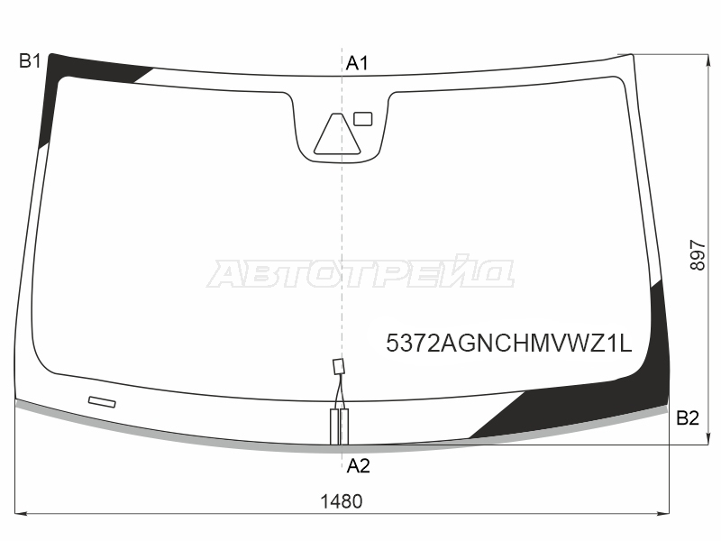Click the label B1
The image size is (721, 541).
(31, 60)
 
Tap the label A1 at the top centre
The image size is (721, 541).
(357, 63)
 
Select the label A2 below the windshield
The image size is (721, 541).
(358, 466)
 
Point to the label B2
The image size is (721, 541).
(688, 417)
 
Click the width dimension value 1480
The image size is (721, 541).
(342, 501)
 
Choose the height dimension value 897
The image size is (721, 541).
(698, 255)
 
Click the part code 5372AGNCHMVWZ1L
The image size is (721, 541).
(509, 343)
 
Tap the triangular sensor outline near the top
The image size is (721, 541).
(337, 133)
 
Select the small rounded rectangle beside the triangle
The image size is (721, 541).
(363, 119)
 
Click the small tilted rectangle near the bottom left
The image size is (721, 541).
(102, 401)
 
